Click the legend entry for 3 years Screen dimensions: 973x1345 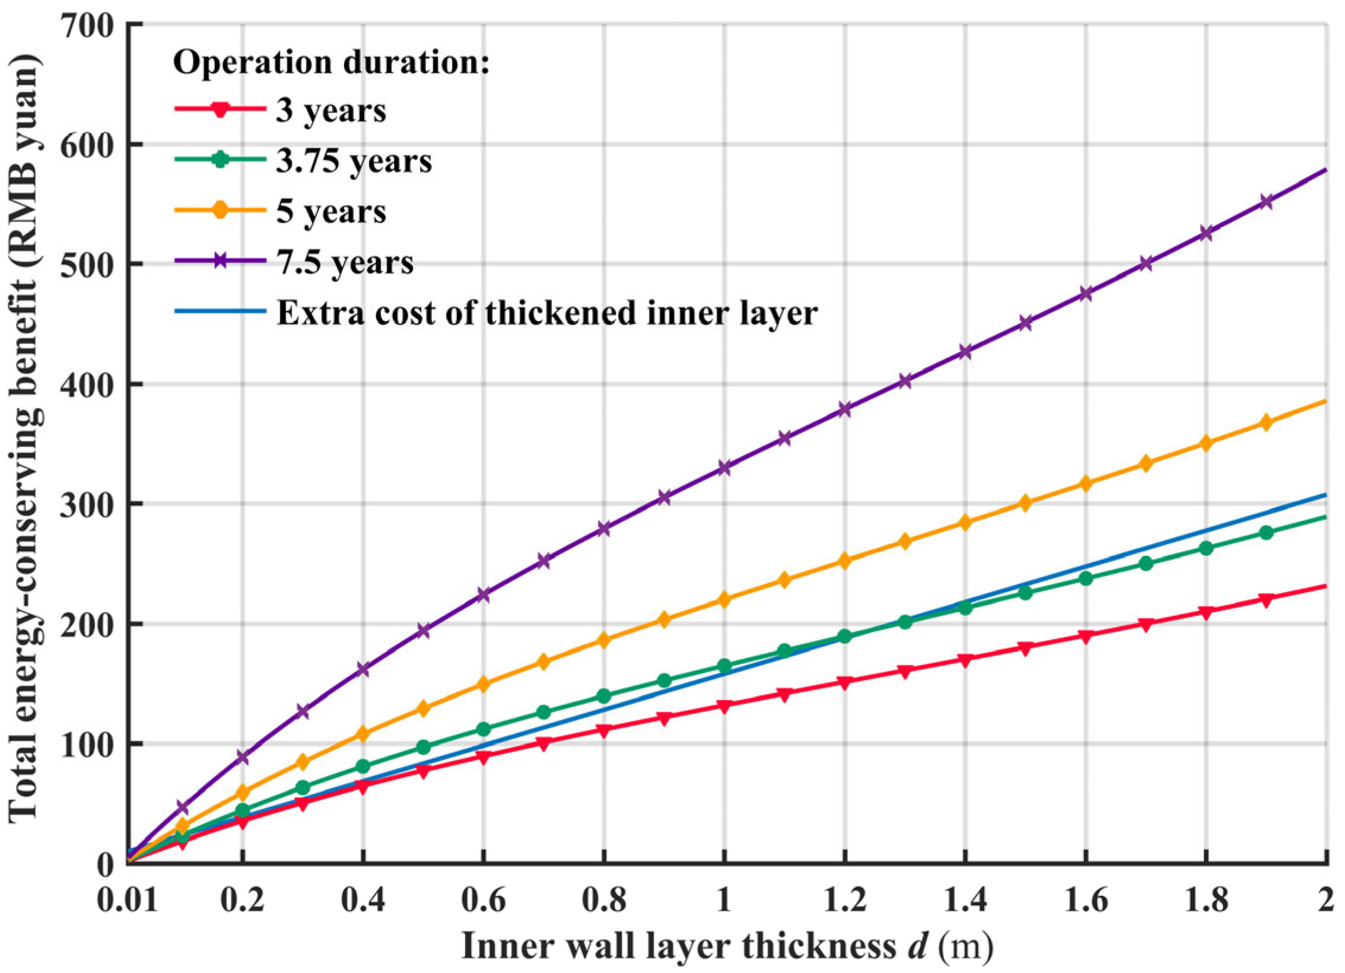330,110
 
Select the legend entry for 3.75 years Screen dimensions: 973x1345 354,161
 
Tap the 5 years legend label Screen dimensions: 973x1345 330,212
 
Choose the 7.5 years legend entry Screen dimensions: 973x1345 345,262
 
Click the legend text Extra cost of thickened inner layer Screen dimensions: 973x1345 547,313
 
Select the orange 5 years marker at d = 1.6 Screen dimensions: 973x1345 1086,484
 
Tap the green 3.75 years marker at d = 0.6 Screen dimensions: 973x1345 484,729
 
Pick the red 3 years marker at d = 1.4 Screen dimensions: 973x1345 965,660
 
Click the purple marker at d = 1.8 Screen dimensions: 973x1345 1206,233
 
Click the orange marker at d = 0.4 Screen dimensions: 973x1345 363,734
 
